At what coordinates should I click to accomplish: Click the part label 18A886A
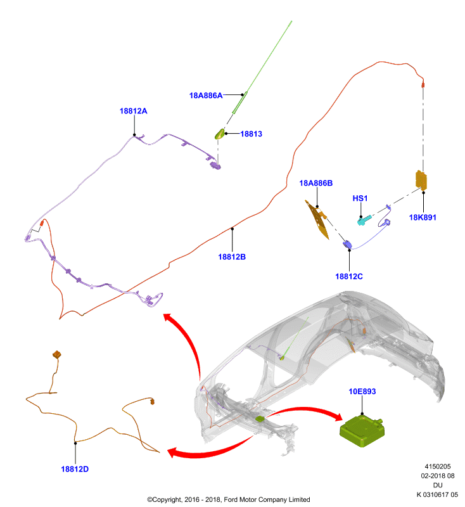tap(206, 96)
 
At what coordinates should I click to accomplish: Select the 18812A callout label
tap(134, 111)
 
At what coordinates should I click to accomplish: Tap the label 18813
tap(252, 134)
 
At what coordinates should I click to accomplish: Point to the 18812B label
tap(232, 257)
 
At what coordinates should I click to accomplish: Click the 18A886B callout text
tap(316, 183)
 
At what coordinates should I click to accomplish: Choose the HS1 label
tap(360, 198)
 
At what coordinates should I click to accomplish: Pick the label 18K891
tap(423, 217)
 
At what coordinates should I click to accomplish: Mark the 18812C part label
tap(349, 276)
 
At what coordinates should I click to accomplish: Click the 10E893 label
tap(362, 391)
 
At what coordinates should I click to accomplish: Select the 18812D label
tap(75, 469)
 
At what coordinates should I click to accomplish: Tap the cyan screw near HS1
tap(364, 220)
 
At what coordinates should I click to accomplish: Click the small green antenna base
tap(220, 134)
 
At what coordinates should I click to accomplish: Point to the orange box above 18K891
tap(421, 180)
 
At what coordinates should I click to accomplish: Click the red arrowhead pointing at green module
tap(338, 416)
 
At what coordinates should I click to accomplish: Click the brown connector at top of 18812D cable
tap(57, 354)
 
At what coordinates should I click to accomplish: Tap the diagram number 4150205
tap(438, 466)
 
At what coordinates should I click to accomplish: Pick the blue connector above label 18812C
tap(347, 245)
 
